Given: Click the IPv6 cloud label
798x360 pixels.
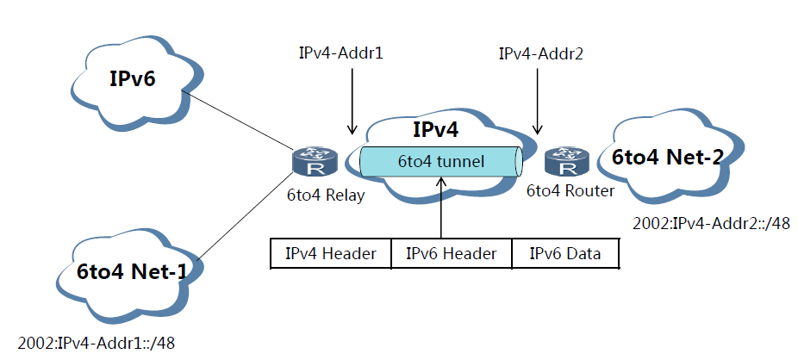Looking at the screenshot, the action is click(133, 79).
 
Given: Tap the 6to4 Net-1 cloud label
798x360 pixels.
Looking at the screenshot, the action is click(132, 271).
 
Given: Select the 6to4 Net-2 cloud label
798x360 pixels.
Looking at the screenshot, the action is click(667, 158).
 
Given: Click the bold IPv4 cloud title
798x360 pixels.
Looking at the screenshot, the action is click(436, 130).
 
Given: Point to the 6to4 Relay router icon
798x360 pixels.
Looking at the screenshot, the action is click(315, 161).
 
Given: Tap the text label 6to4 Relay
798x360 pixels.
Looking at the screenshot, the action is click(327, 196).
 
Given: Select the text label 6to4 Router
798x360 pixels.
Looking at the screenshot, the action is click(570, 190).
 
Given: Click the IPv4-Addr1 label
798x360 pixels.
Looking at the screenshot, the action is click(341, 53).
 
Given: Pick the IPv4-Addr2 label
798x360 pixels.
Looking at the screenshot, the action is click(541, 53).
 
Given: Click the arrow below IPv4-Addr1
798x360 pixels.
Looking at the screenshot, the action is click(352, 101).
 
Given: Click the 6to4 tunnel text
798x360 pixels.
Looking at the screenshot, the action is click(440, 162).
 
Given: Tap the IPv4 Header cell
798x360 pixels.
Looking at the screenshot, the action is click(331, 252).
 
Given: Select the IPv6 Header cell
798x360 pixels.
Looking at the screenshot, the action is click(451, 252).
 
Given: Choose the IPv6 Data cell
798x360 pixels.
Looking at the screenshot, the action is click(565, 252).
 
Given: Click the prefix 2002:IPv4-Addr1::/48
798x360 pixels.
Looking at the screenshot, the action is click(97, 344).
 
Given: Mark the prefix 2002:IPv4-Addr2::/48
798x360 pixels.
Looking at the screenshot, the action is click(711, 224).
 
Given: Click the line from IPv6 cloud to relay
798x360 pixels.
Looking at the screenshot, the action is click(239, 121).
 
